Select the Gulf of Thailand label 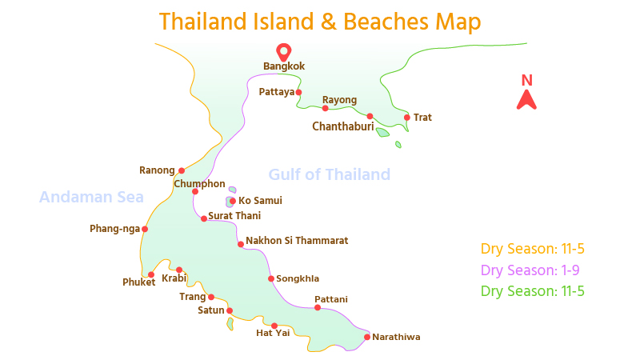[329, 174]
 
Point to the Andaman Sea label [91, 197]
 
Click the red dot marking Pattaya [298, 92]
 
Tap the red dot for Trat [407, 118]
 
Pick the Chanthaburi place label [343, 126]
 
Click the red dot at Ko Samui [233, 201]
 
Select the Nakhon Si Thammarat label [297, 240]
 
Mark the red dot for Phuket [151, 274]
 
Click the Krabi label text [174, 278]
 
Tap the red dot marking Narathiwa [366, 337]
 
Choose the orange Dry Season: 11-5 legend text [533, 249]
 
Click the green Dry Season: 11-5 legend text [533, 291]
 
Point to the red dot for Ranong [182, 170]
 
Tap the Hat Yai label [273, 333]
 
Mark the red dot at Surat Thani [204, 218]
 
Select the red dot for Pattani [318, 308]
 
